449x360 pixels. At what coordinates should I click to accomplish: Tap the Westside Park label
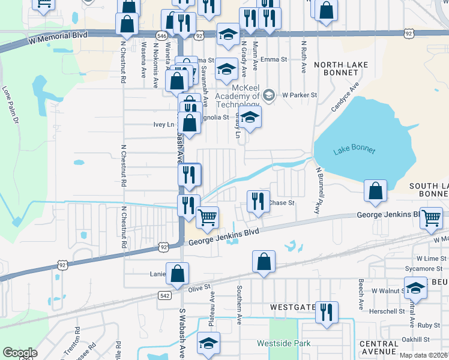[284, 344]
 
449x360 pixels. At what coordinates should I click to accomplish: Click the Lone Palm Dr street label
[10, 106]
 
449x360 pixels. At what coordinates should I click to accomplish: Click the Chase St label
[282, 203]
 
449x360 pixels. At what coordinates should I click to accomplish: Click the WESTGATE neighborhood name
[292, 307]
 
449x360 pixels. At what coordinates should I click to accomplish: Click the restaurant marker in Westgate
[327, 312]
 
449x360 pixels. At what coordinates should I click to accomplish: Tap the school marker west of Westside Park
[209, 343]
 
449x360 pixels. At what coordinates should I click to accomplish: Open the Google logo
[20, 353]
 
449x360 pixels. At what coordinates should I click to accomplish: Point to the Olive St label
[200, 289]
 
